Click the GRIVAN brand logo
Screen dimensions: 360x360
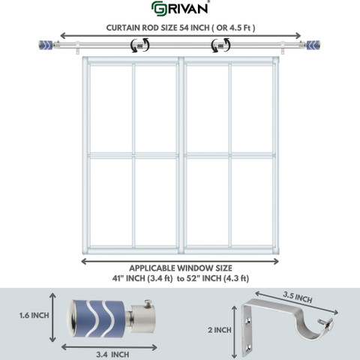click(181, 8)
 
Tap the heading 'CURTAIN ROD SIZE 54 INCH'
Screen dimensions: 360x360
click(157, 28)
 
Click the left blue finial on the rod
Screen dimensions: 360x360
click(46, 45)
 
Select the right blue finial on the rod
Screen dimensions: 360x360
click(313, 45)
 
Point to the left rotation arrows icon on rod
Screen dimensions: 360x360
click(140, 45)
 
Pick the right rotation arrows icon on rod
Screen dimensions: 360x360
click(220, 45)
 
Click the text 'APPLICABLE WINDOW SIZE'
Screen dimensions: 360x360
click(181, 268)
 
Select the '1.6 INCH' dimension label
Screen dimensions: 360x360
click(34, 316)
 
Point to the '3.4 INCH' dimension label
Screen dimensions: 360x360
click(112, 355)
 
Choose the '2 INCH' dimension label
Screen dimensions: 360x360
click(220, 330)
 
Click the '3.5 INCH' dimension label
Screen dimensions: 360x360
click(298, 297)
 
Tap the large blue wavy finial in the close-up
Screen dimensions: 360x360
click(96, 318)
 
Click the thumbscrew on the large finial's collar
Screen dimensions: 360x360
click(148, 303)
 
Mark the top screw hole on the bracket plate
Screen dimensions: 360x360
click(248, 320)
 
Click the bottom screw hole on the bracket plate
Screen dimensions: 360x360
click(248, 347)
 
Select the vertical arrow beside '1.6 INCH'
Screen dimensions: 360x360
click(52, 317)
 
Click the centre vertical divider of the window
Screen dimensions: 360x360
click(181, 156)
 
